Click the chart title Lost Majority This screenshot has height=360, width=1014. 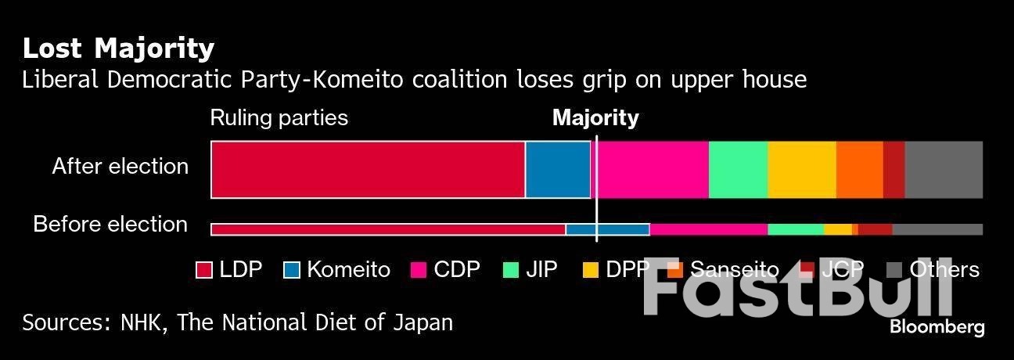click(x=118, y=49)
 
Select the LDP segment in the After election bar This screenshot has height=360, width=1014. click(x=368, y=170)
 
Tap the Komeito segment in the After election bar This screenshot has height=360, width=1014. click(x=558, y=170)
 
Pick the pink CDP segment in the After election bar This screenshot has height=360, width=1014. click(x=653, y=170)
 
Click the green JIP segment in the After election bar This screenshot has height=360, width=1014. click(x=738, y=170)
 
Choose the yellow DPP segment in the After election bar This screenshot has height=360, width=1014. click(x=802, y=170)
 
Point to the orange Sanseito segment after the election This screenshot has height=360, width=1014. click(x=859, y=170)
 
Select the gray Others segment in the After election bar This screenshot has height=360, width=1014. click(x=944, y=170)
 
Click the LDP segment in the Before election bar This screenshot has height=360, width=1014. click(x=388, y=229)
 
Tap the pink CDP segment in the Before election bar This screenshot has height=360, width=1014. click(x=709, y=229)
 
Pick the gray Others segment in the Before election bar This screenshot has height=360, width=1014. click(x=937, y=229)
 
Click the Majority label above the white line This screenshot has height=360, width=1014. click(x=595, y=118)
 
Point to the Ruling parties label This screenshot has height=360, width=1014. click(x=279, y=118)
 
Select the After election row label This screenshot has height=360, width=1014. click(x=120, y=166)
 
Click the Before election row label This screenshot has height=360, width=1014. click(x=110, y=225)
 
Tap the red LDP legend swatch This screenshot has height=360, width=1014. click(x=203, y=270)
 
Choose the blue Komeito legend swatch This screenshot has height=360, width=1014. click(x=291, y=270)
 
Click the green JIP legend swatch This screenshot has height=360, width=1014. click(x=510, y=270)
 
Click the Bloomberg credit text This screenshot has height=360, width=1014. click(x=937, y=327)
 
